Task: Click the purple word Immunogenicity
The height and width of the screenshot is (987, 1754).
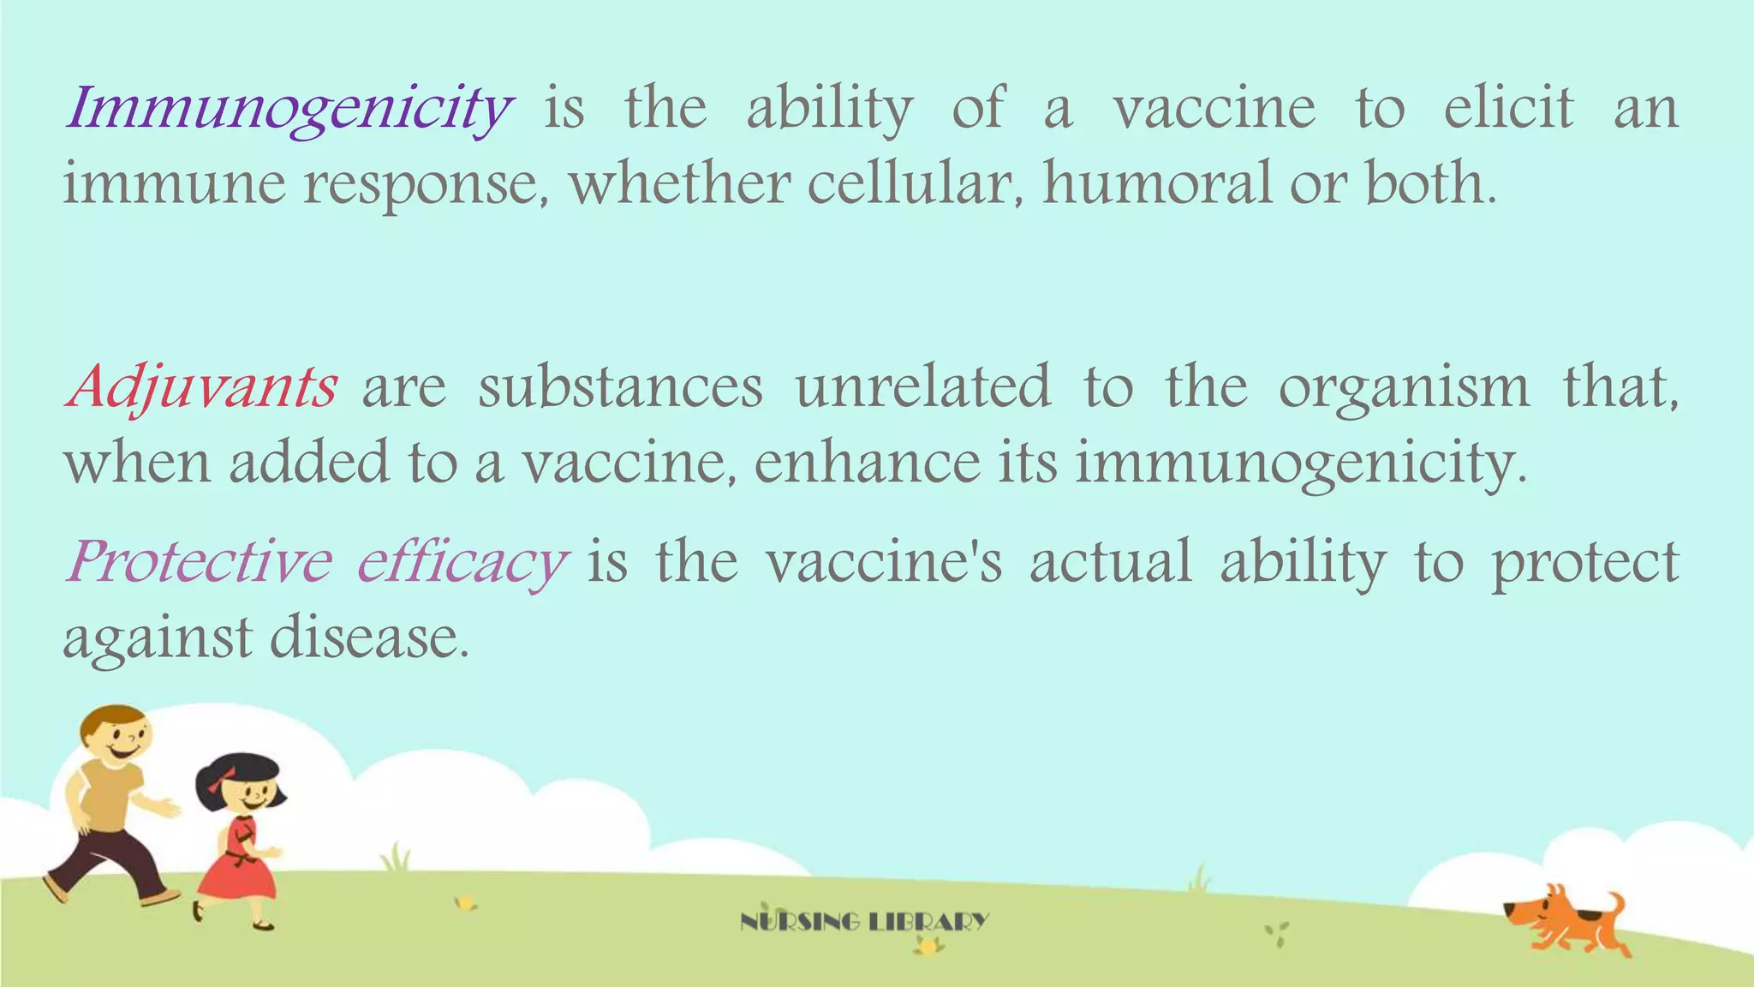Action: pyautogui.click(x=289, y=110)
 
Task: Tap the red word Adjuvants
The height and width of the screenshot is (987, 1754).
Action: pyautogui.click(x=202, y=387)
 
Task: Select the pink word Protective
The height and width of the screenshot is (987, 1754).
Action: pyautogui.click(x=200, y=562)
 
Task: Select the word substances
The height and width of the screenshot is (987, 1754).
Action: pyautogui.click(x=620, y=387)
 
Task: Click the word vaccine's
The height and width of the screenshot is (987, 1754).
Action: pyautogui.click(x=883, y=562)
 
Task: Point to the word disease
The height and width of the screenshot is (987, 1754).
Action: pyautogui.click(x=370, y=638)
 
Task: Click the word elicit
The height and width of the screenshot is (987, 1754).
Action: pyautogui.click(x=1508, y=109)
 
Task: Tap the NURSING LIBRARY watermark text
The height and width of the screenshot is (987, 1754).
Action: pyautogui.click(x=864, y=922)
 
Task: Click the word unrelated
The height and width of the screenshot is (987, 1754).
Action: pyautogui.click(x=922, y=387)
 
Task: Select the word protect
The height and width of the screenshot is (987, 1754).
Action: pyautogui.click(x=1585, y=564)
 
